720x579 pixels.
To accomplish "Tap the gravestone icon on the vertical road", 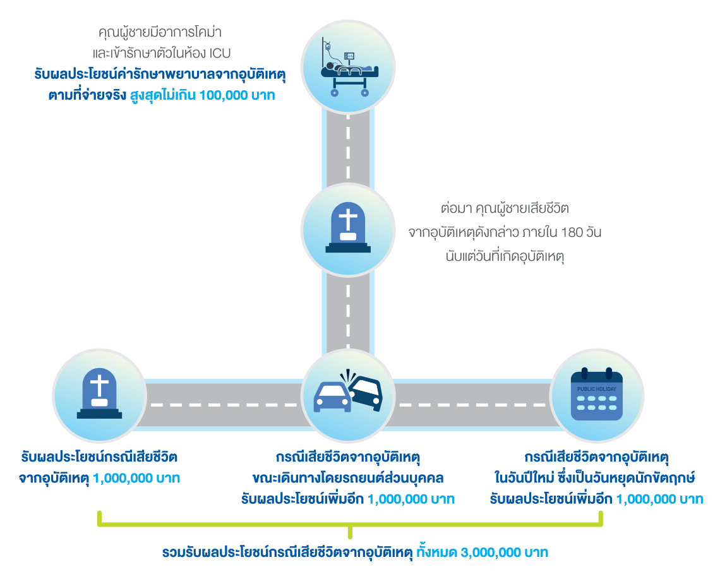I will click(x=347, y=228).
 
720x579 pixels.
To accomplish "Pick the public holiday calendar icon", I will click(x=596, y=396).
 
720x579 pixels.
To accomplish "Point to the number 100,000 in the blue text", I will click(x=224, y=96).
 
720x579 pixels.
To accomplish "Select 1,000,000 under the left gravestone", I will click(x=119, y=479).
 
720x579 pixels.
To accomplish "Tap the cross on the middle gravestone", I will click(x=347, y=220).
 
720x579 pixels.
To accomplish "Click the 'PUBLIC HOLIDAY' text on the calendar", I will click(x=596, y=389).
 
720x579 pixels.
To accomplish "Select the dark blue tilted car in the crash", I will click(x=366, y=393).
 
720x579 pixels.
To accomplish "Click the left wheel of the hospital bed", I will click(x=335, y=93).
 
